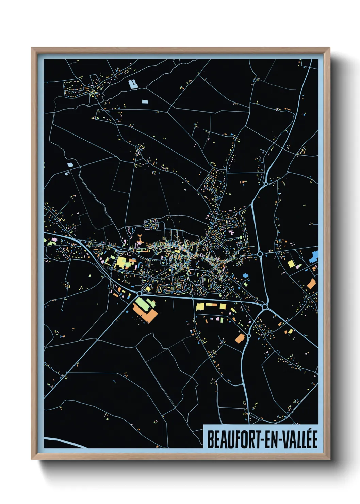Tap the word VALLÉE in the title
pyautogui.click(x=299, y=440)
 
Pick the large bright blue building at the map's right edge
pyautogui.click(x=314, y=256)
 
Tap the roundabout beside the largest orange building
pyautogui.click(x=140, y=293)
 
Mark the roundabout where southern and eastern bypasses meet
pyautogui.click(x=264, y=307)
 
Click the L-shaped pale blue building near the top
pyautogui.click(x=133, y=84)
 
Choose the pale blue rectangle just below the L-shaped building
pyautogui.click(x=145, y=101)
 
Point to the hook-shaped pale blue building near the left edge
pyautogui.click(x=67, y=173)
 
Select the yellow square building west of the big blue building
pyautogui.click(x=291, y=264)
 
